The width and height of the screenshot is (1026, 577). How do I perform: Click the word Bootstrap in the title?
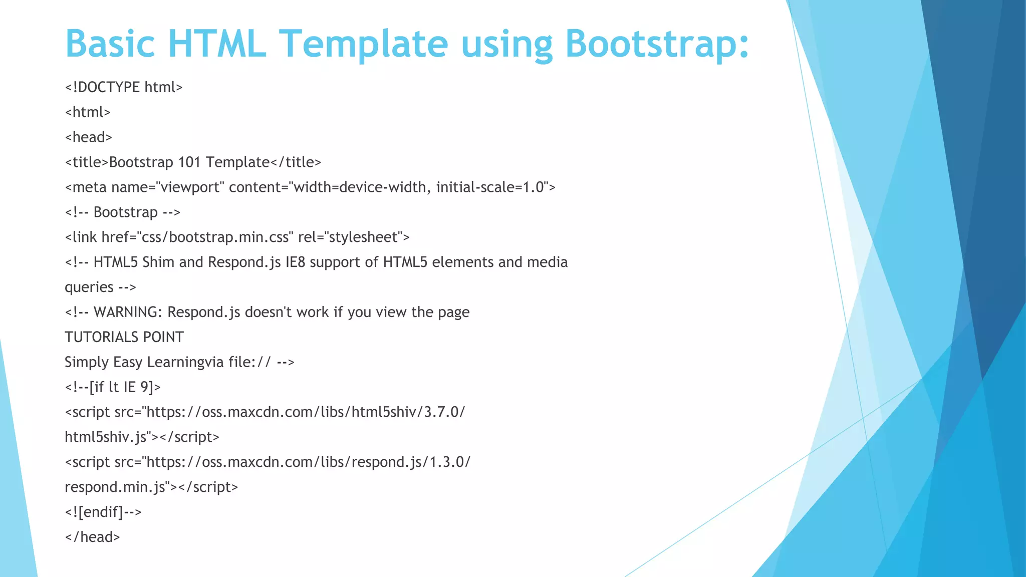[x=657, y=44]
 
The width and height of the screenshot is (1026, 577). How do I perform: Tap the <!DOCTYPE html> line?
[x=124, y=87]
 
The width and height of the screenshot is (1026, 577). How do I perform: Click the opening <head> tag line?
[x=89, y=137]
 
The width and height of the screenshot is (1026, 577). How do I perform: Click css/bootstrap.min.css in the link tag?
[x=215, y=237]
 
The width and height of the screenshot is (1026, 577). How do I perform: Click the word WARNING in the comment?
[x=128, y=312]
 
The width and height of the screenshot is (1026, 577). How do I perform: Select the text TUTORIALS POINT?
[x=124, y=337]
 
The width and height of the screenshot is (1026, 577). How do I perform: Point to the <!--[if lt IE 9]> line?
[x=113, y=387]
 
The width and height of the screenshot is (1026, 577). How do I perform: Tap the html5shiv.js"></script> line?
[x=142, y=437]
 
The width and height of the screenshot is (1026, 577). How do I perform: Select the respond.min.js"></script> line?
[x=151, y=487]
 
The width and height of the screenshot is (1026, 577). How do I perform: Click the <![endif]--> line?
[x=103, y=512]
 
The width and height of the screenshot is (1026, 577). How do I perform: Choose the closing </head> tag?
[x=93, y=537]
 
